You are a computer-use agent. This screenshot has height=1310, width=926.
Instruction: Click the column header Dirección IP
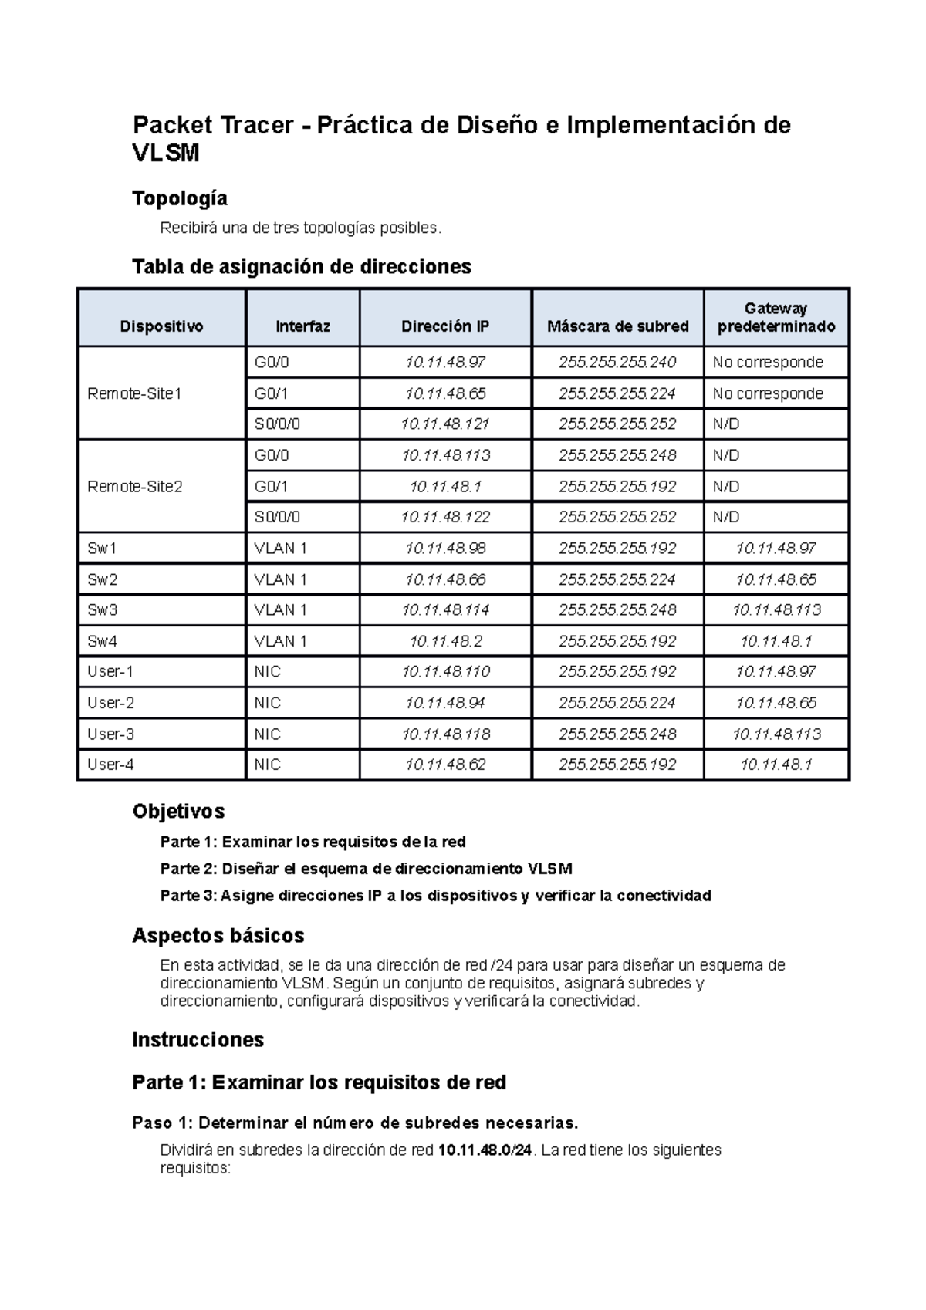pos(445,326)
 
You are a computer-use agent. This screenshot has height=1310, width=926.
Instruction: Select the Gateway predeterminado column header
pos(776,317)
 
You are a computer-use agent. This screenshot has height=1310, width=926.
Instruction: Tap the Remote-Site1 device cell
pos(135,393)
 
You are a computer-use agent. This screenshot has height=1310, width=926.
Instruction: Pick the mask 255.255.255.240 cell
pos(617,362)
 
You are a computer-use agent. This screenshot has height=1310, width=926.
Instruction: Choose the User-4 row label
pos(110,765)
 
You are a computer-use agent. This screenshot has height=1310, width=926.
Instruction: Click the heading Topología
pos(180,198)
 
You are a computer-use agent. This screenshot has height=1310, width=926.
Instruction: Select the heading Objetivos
pos(178,811)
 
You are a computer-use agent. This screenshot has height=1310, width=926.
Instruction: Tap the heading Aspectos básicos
pos(218,936)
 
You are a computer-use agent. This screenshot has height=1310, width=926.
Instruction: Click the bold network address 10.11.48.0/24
pos(485,1150)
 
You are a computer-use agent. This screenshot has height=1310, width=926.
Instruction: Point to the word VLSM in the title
pos(165,154)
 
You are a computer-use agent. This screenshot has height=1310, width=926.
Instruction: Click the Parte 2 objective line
pos(366,869)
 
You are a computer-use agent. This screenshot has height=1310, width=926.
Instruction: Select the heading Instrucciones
pos(198,1040)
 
